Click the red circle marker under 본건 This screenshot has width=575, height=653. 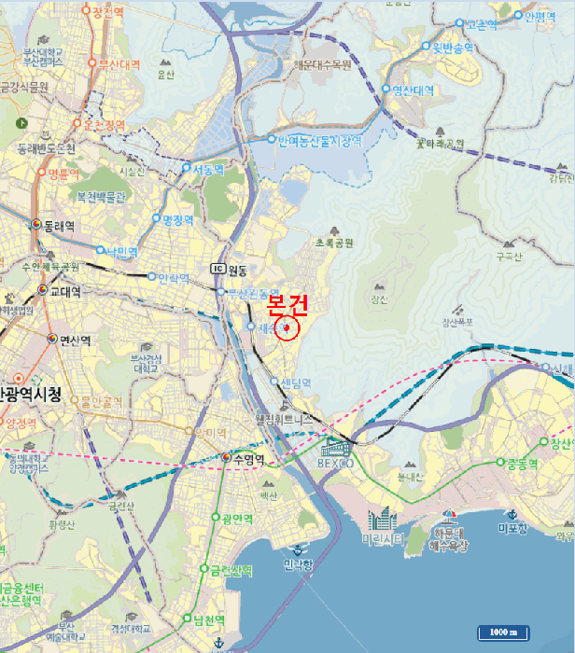(x=287, y=329)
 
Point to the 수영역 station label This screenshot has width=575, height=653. (x=249, y=459)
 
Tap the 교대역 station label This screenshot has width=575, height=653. (x=64, y=291)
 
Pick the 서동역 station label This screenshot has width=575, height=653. (x=207, y=170)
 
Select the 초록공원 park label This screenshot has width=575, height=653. (x=334, y=243)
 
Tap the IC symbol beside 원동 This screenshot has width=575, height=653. (x=218, y=270)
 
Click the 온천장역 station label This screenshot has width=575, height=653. (x=105, y=124)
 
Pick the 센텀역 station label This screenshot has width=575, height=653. (x=295, y=382)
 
